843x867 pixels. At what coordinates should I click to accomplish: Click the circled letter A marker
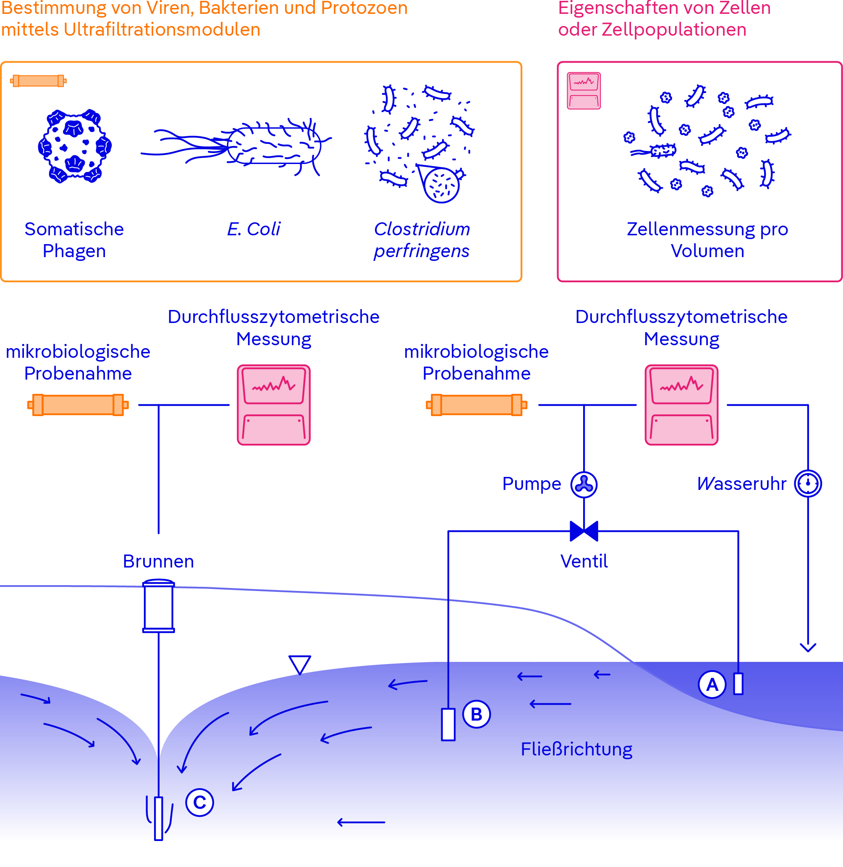pos(712,685)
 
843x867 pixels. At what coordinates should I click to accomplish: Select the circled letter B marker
pos(476,714)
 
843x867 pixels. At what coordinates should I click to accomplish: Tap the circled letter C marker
pos(200,802)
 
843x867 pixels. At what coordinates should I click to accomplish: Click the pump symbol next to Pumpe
pos(584,484)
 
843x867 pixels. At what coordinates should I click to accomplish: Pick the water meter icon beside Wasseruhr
pos(808,484)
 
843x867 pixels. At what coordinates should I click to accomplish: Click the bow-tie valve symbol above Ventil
pos(584,531)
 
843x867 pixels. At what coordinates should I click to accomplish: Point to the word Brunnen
pos(159,561)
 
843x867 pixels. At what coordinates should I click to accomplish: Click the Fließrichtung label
pos(576,749)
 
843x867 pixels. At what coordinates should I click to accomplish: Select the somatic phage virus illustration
pos(74,146)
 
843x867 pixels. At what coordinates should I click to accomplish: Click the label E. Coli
pos(254,229)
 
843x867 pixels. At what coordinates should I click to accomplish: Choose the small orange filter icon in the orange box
pos(39,81)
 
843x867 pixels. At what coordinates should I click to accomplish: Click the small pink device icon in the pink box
pos(584,91)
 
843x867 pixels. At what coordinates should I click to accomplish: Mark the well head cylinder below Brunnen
pos(159,606)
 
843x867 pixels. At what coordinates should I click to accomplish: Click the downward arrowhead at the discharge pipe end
pos(808,648)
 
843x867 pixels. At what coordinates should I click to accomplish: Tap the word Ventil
pos(584,561)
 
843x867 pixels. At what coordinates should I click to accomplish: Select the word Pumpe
pos(531,484)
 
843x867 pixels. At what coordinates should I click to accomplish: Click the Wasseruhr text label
pos(741,484)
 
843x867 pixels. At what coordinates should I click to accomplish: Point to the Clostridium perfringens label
pos(421,240)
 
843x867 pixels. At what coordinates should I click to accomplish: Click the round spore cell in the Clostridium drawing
pos(441,185)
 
